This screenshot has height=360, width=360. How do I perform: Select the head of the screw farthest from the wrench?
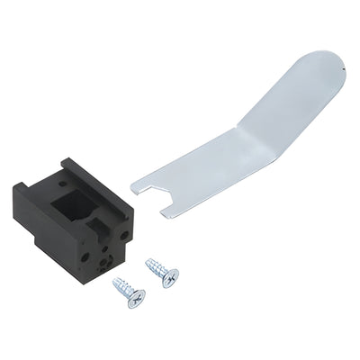[x=135, y=298]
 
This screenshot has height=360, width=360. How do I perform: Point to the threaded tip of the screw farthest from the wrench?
[x=115, y=282]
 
